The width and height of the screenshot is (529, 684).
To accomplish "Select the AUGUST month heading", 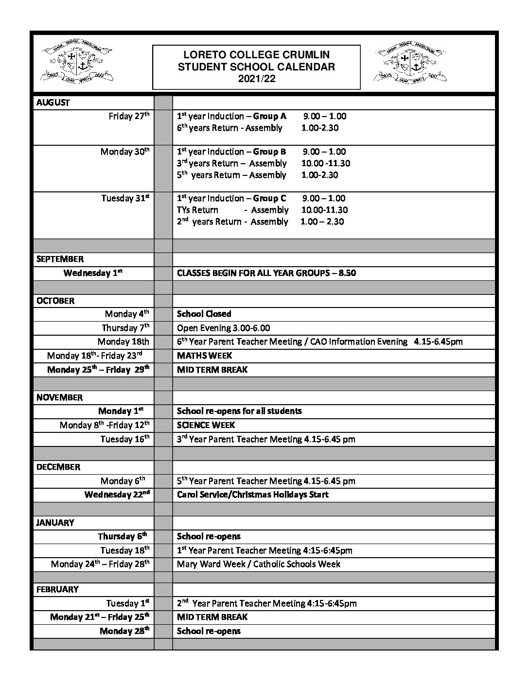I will click(x=53, y=103).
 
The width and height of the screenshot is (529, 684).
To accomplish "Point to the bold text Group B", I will click(x=269, y=152).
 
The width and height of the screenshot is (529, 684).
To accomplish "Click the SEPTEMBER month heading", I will click(x=60, y=259).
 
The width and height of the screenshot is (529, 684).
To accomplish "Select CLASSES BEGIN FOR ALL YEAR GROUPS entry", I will click(x=266, y=273).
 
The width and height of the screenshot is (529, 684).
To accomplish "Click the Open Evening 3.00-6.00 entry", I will click(x=223, y=328).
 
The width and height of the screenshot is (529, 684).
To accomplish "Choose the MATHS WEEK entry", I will click(x=204, y=356).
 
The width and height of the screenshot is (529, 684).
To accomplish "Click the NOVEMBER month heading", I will click(x=59, y=397).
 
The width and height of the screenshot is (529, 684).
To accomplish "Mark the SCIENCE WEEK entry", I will click(x=206, y=425).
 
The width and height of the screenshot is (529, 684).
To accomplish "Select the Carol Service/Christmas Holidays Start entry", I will click(x=252, y=495).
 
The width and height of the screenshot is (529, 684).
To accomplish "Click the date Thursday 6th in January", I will click(x=123, y=536).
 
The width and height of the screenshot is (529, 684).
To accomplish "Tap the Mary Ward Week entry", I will click(x=258, y=564).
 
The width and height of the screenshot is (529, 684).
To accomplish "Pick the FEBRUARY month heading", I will click(x=57, y=589).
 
